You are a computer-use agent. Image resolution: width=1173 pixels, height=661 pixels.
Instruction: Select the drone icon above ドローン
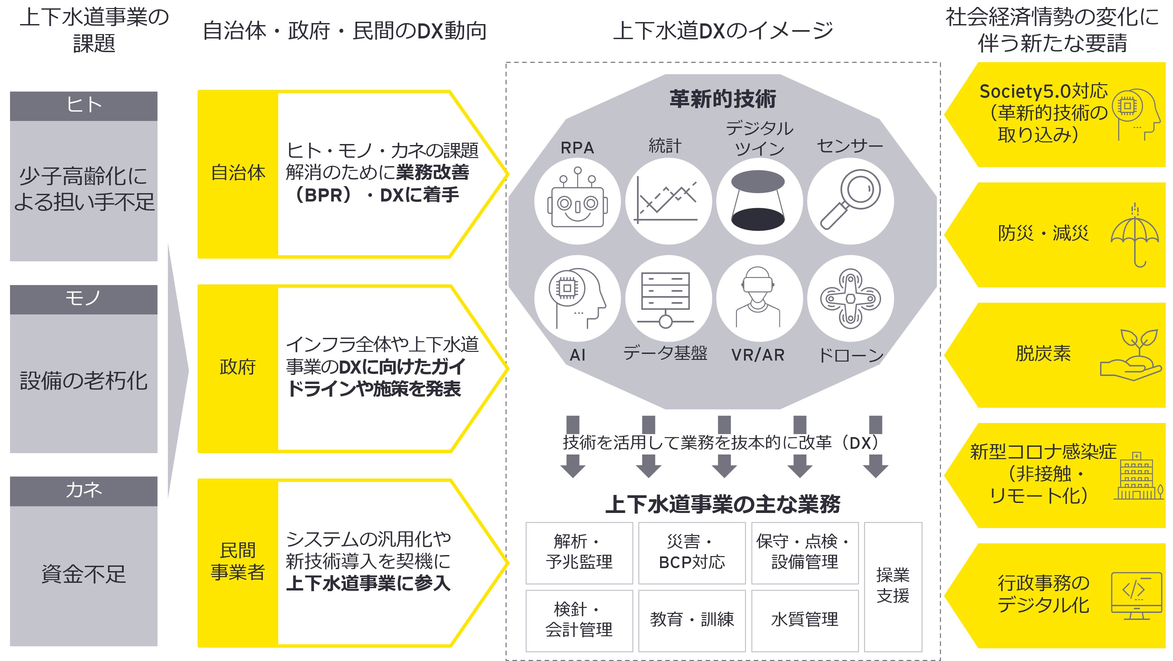click(x=850, y=299)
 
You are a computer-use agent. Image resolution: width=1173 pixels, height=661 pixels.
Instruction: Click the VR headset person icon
click(x=758, y=299)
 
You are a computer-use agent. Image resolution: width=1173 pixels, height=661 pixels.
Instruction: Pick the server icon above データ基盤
click(x=666, y=299)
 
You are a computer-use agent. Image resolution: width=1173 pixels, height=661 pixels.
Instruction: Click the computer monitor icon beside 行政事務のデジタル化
click(x=1136, y=596)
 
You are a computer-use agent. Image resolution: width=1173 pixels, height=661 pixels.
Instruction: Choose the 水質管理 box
click(x=804, y=620)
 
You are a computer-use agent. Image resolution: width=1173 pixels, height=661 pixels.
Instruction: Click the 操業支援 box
click(x=892, y=586)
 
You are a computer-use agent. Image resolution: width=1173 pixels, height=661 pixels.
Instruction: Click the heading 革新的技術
click(x=722, y=99)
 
